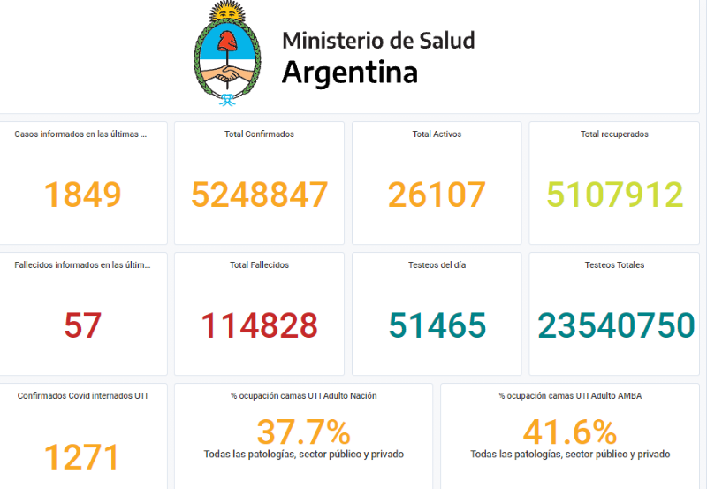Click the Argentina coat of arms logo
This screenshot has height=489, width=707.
click(x=229, y=55)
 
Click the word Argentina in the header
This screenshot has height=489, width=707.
click(x=349, y=73)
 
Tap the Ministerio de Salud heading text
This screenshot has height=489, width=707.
click(x=378, y=41)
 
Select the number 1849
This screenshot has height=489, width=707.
click(x=82, y=195)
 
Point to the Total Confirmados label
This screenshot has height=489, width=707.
click(x=260, y=134)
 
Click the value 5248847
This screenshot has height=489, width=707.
click(x=260, y=195)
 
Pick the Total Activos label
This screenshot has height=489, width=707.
click(x=437, y=134)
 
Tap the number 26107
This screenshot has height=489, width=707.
click(x=437, y=195)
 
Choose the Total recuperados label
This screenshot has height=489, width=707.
click(x=614, y=134)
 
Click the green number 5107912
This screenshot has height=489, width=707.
click(x=614, y=195)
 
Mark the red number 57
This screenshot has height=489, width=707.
click(x=82, y=325)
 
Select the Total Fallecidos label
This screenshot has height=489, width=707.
click(x=259, y=264)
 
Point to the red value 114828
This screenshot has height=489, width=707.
click(x=259, y=325)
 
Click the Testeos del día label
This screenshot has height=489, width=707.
click(x=437, y=264)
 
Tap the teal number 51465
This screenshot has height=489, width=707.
click(x=437, y=325)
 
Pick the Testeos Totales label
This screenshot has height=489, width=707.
click(x=614, y=264)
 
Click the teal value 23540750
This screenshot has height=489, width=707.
click(x=616, y=325)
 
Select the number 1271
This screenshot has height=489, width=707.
click(x=81, y=457)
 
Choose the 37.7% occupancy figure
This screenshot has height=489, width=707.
click(x=303, y=432)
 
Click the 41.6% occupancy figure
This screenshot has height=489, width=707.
click(x=569, y=432)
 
